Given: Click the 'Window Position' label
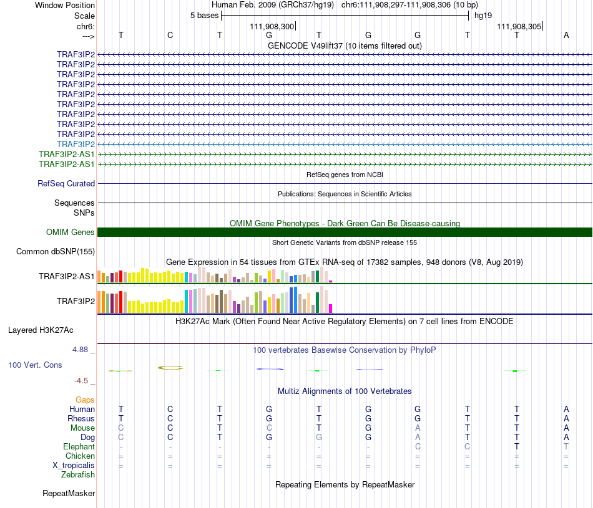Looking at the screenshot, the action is tap(65, 5).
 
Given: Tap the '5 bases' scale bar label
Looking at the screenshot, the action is tap(204, 16).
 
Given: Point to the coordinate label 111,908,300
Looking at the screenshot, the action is tap(272, 26).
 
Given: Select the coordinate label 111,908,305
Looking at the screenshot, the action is tap(519, 26).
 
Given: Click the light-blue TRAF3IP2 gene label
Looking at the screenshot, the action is tap(76, 144).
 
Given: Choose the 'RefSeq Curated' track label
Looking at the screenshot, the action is tap(66, 183).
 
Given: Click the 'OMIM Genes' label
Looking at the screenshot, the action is tap(71, 232).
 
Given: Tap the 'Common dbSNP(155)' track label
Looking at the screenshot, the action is tap(56, 252).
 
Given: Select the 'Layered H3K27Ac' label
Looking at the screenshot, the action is tap(41, 330).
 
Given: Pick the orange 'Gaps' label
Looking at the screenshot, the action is tap(85, 400).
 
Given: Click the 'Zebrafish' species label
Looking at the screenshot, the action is tap(78, 475).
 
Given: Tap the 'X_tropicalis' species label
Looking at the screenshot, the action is tap(74, 466).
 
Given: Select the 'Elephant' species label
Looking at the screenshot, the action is tap(79, 447).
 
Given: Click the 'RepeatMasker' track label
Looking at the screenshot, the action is tap(69, 494).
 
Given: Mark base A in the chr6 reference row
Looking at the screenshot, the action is tap(566, 35).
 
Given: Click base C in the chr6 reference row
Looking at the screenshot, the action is tap(170, 35).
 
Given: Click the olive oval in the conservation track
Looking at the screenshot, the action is tap(170, 368).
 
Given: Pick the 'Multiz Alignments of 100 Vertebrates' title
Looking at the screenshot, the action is tap(345, 391).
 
